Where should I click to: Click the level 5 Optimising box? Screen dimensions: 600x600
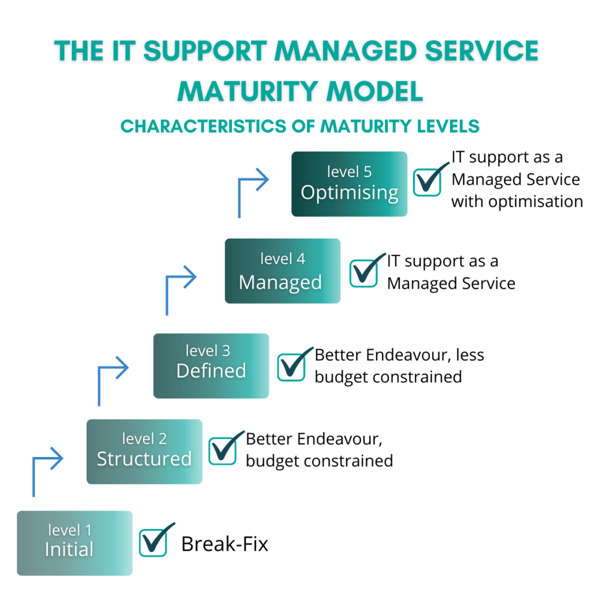tap(349, 184)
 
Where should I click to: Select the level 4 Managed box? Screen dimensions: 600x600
tap(282, 271)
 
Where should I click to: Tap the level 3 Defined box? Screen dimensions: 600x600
tap(211, 366)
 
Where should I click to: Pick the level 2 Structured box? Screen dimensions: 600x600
tap(144, 451)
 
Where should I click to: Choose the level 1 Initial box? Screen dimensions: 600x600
tap(74, 543)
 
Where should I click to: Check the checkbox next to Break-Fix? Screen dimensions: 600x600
tap(154, 543)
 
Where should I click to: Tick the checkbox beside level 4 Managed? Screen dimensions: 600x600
tap(363, 272)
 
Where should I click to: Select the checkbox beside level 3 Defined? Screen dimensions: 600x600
tap(291, 367)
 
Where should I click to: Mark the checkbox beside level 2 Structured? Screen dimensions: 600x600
tap(223, 450)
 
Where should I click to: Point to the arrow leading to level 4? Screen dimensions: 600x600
tap(179, 287)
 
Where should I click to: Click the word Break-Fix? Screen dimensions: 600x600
tap(224, 544)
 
